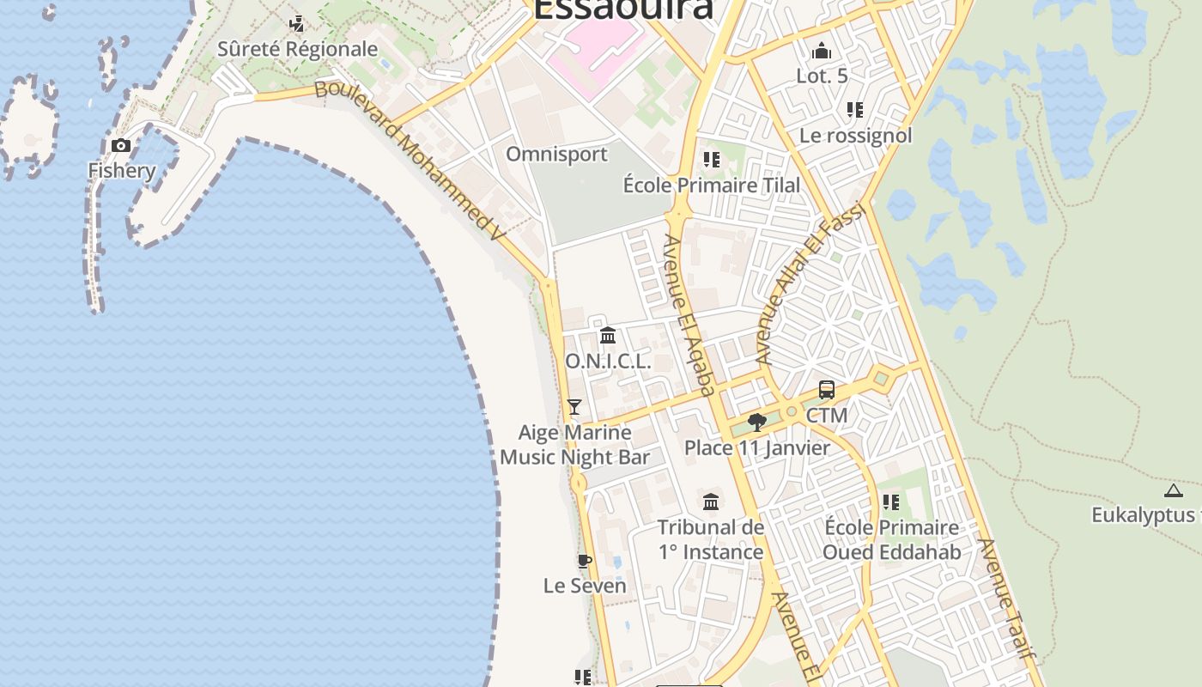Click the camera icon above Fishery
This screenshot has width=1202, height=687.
click(x=121, y=145)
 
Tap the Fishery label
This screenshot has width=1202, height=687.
click(x=122, y=170)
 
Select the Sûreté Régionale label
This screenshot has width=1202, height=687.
click(x=297, y=49)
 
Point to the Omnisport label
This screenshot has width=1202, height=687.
click(x=556, y=155)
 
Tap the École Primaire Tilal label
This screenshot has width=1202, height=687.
click(x=711, y=185)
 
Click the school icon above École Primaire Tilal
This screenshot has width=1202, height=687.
click(x=711, y=160)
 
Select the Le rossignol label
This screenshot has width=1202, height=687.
click(x=855, y=136)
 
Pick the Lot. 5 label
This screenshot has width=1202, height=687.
click(x=822, y=76)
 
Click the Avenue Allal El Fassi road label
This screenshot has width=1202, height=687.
click(x=810, y=284)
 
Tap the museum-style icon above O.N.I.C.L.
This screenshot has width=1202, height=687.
click(x=608, y=335)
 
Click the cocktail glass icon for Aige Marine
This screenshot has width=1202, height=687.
click(x=574, y=407)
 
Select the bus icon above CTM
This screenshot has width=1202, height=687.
click(x=827, y=390)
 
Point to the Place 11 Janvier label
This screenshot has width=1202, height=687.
click(x=757, y=447)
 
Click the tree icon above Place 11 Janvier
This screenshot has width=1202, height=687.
click(x=756, y=422)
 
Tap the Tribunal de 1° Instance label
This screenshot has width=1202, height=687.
click(x=711, y=539)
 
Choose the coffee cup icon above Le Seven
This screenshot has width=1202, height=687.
click(x=585, y=562)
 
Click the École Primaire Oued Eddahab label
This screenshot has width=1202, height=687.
click(x=891, y=539)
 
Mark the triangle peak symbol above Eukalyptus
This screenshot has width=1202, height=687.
click(x=1174, y=490)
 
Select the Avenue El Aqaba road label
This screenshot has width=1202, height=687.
click(x=689, y=315)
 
